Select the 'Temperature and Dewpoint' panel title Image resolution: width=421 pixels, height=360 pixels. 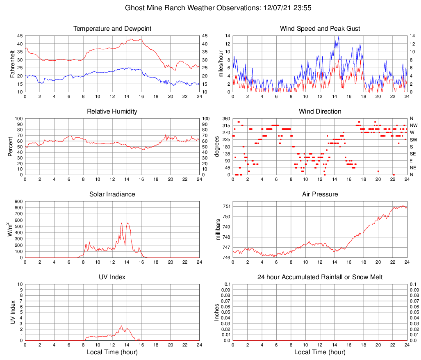point(112,29)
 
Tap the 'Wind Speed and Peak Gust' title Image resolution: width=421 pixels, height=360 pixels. point(320,29)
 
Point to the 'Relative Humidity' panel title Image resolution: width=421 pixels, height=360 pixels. point(112,112)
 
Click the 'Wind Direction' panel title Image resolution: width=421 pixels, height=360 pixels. point(320,112)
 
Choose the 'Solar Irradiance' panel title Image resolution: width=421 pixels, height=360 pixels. point(112,194)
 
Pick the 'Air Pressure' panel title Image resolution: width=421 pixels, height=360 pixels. point(320,194)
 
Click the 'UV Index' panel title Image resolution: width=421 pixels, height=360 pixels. point(112,277)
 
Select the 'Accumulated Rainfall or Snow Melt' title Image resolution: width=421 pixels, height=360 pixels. point(320,277)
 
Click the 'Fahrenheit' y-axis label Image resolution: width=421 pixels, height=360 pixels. point(12,64)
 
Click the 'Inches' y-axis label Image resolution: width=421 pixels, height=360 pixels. point(217,312)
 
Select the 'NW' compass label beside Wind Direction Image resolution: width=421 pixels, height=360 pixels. point(414,125)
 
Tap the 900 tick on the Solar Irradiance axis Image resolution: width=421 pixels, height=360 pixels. point(18,201)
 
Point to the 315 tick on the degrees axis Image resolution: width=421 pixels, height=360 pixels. point(226,125)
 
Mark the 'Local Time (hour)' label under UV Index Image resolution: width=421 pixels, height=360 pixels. point(112,352)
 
